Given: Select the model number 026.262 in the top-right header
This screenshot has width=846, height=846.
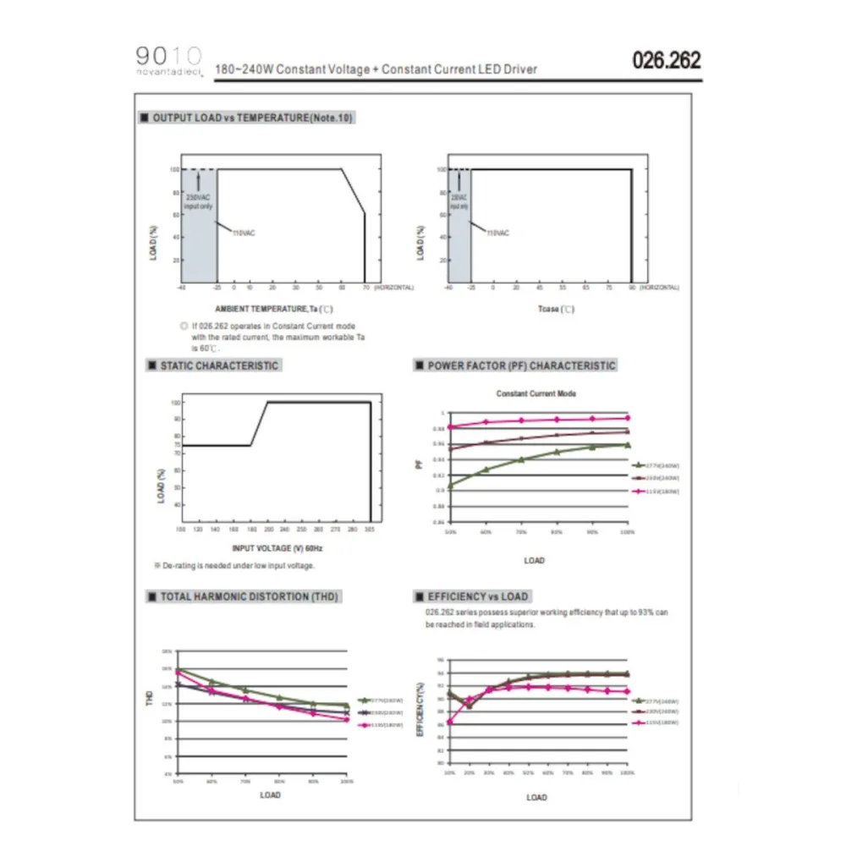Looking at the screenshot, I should [x=667, y=61].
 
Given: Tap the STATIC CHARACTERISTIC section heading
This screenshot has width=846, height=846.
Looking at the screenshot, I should [x=218, y=365].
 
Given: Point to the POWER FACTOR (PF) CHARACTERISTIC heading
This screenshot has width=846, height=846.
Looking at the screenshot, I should [x=521, y=365].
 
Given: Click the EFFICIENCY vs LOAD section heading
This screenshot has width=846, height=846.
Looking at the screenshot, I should [x=477, y=596].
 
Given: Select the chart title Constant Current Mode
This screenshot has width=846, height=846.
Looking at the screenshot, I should [x=536, y=393].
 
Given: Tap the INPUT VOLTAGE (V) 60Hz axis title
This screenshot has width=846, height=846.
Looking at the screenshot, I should [x=266, y=548].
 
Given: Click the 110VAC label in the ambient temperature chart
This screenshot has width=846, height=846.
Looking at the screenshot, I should [x=244, y=232].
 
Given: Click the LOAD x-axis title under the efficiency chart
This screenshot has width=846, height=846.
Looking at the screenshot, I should [x=536, y=797].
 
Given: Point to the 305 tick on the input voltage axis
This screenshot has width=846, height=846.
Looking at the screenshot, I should [x=370, y=529].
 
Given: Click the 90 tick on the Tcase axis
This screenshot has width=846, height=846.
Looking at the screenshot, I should [x=631, y=288].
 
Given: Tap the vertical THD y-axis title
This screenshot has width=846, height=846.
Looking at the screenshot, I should [x=151, y=698].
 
